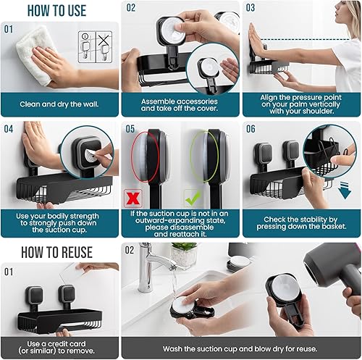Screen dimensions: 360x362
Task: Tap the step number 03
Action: [251, 8]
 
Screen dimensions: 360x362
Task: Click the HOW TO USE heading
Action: [46, 10]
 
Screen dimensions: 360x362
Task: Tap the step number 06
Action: [251, 129]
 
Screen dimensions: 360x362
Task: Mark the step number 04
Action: [9, 129]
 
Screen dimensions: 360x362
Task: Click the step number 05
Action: [130, 129]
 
